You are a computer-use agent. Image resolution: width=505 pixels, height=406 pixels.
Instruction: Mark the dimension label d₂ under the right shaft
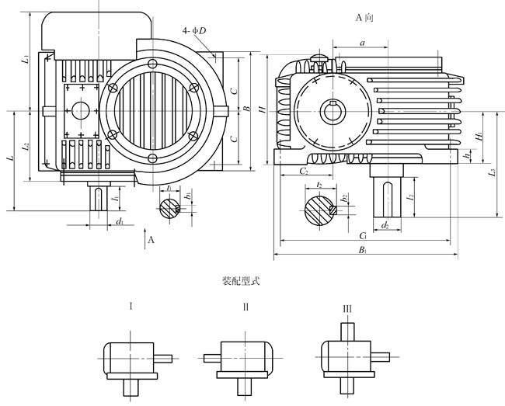click(x=385, y=225)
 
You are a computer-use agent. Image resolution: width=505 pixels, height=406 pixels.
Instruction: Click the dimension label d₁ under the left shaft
click(x=118, y=223)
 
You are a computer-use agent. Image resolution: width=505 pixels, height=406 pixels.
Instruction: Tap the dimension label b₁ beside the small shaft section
click(x=188, y=195)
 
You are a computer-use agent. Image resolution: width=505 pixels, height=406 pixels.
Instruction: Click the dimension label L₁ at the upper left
click(x=25, y=59)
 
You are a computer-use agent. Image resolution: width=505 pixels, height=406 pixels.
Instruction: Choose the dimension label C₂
click(x=304, y=170)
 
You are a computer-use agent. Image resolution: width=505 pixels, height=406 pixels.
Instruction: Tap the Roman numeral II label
click(x=246, y=307)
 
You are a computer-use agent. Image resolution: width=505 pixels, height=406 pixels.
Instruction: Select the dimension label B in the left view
click(x=246, y=109)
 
